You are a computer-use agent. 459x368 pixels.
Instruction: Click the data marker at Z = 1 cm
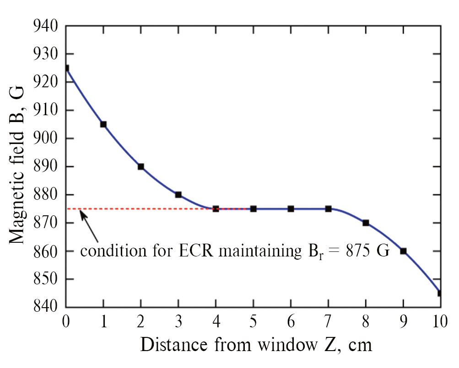tap(103, 124)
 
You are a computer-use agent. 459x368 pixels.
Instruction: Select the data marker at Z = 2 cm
tap(141, 166)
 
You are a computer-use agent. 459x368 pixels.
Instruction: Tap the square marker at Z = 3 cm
tap(178, 195)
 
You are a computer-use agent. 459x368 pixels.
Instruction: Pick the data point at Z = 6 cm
tap(291, 209)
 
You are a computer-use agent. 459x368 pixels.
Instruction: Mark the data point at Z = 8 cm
tap(366, 223)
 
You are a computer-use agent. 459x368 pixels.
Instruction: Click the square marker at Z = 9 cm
tap(403, 251)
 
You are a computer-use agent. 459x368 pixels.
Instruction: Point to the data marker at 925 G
tap(66, 68)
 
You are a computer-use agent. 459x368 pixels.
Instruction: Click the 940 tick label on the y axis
tap(46, 26)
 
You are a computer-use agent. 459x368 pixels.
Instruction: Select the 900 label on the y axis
tap(46, 139)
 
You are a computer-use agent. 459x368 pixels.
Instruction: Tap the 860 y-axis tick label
tap(46, 251)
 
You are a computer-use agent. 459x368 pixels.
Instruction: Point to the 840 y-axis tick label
tap(46, 307)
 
